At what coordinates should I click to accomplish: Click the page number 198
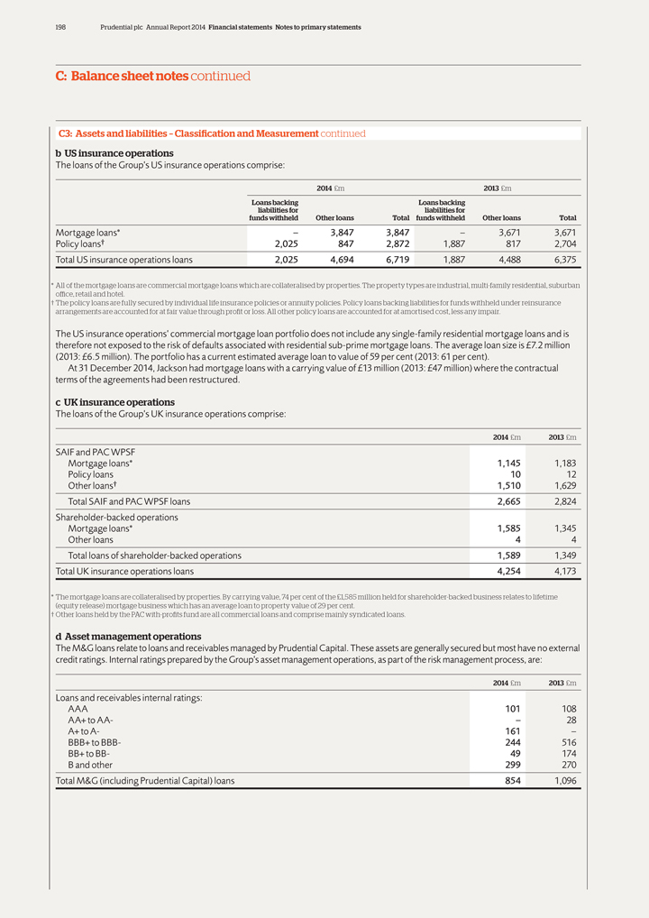60,27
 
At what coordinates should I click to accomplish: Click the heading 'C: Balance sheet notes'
121,77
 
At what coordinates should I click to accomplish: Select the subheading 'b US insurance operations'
114,153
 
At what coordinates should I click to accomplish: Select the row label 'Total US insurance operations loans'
123,260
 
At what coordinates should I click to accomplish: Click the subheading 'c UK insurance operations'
115,402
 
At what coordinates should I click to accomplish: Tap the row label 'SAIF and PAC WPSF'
96,451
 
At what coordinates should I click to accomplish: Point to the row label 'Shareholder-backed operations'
117,518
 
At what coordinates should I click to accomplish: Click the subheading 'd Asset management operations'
128,637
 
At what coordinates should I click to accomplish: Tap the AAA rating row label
78,709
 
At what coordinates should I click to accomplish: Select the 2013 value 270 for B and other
566,765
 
